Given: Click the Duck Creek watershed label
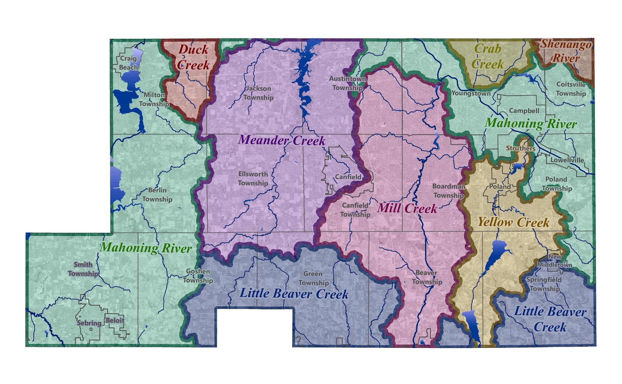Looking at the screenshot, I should (x=193, y=57).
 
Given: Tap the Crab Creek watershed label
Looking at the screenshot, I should (x=487, y=56).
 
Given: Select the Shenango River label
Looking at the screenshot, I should (x=566, y=51).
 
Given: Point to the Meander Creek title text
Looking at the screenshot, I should (x=281, y=140).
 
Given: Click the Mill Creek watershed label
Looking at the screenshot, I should (x=407, y=208).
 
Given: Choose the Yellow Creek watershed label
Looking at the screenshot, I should (x=513, y=222).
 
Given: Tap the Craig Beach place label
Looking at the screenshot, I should (x=128, y=63).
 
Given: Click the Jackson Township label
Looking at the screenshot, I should (x=259, y=93).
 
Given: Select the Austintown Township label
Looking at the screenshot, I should (x=347, y=83).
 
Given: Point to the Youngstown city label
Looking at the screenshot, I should (x=471, y=93).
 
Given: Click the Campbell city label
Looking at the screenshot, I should (x=524, y=111).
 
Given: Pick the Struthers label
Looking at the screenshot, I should (x=521, y=148).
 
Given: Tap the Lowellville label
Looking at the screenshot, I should (x=567, y=160).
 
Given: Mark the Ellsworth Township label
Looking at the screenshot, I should (x=253, y=178).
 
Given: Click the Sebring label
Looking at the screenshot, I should (x=89, y=323).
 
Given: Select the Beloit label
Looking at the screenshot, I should (x=115, y=321).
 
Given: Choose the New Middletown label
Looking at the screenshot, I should (x=555, y=261).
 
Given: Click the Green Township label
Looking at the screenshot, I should (x=313, y=278).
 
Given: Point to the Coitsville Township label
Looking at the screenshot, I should (x=571, y=89).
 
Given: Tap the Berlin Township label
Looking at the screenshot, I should (x=157, y=195).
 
